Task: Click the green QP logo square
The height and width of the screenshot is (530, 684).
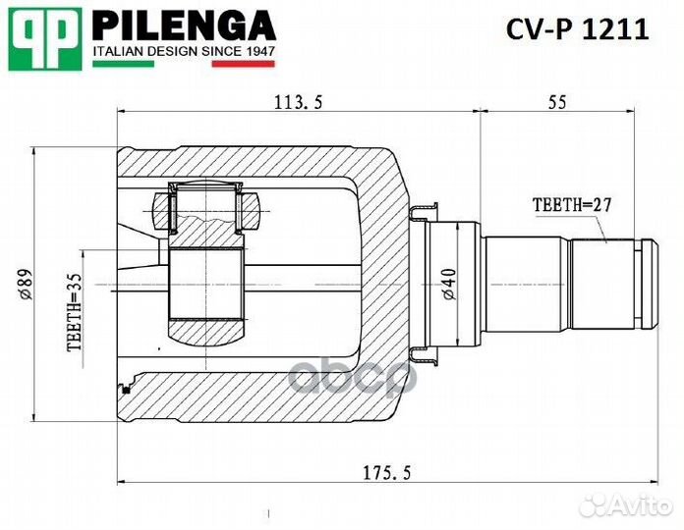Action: [x=44, y=38]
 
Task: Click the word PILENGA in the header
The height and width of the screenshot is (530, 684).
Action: [x=184, y=24]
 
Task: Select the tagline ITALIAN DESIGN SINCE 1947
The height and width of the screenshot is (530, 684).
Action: [x=184, y=50]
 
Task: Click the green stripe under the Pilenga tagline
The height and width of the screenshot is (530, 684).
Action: [x=123, y=64]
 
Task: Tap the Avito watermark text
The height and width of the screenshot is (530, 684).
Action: [x=640, y=505]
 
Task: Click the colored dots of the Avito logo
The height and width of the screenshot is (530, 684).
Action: [x=590, y=504]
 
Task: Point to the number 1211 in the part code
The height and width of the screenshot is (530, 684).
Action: [x=616, y=29]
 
